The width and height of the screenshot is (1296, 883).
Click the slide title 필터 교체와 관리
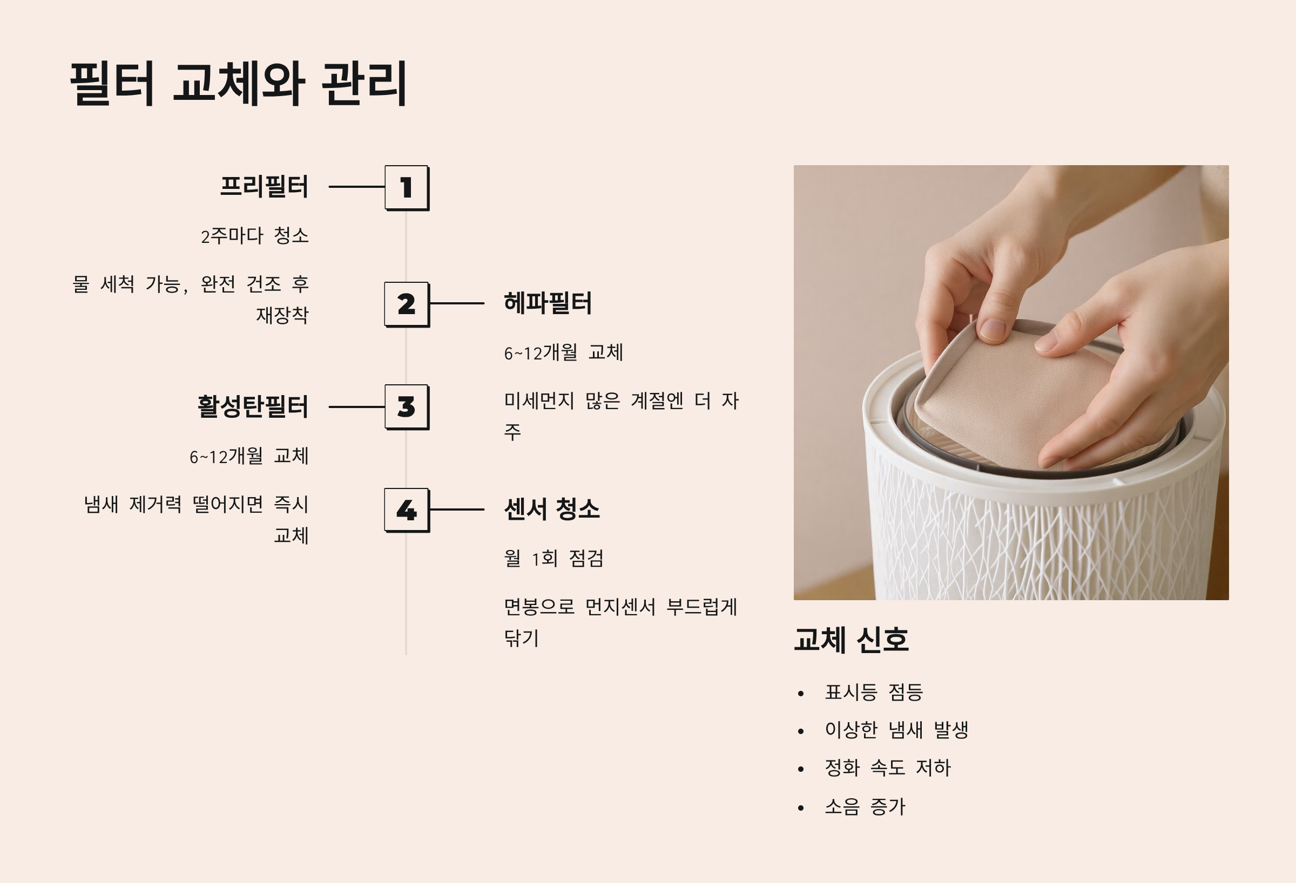239,84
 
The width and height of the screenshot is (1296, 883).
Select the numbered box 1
407,188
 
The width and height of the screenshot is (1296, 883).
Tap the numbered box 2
407,304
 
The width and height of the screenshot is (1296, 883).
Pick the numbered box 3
407,407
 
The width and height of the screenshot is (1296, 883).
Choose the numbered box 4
407,510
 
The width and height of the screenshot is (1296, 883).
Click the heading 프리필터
265,186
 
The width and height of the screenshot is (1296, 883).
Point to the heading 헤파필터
548,303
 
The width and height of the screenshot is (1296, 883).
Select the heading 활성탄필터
253,406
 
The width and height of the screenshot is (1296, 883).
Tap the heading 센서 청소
552,509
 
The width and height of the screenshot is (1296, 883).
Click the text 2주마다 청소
255,236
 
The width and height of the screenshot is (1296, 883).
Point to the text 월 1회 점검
553,558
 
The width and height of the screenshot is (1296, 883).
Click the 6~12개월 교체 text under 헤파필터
564,352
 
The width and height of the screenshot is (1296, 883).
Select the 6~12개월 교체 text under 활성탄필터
249,456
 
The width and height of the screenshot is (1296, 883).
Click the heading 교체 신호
852,640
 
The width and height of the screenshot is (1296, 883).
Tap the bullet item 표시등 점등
874,692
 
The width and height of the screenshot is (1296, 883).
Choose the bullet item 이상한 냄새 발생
897,730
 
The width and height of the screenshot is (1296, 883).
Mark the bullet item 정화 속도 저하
888,767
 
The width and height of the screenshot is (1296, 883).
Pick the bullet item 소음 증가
865,806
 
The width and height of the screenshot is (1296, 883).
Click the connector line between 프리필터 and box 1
357,187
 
